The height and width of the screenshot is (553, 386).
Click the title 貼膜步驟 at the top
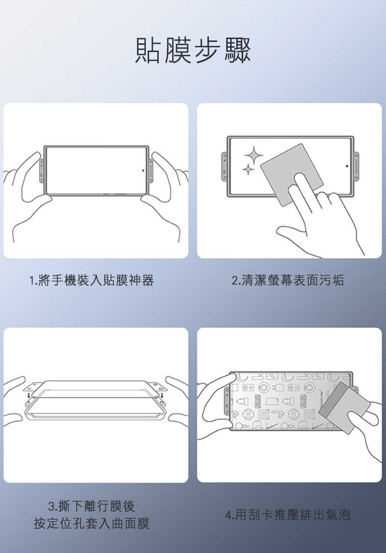(x=193, y=51)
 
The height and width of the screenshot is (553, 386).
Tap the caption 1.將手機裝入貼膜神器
(x=91, y=280)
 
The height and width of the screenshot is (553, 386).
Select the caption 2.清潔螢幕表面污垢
(x=288, y=280)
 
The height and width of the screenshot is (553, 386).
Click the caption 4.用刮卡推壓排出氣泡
(x=288, y=515)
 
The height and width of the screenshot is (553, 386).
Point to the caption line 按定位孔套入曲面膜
(x=92, y=523)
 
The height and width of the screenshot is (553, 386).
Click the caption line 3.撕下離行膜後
(x=92, y=506)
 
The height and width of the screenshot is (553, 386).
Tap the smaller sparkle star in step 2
(x=248, y=170)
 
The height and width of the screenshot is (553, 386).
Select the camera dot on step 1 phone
(x=143, y=170)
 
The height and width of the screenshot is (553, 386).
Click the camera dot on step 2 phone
(x=347, y=166)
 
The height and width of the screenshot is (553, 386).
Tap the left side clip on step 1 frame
(x=41, y=170)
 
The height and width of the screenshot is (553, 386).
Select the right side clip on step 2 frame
(x=357, y=166)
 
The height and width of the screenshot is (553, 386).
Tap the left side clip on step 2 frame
(x=224, y=166)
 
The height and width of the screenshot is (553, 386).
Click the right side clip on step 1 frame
(x=151, y=170)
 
